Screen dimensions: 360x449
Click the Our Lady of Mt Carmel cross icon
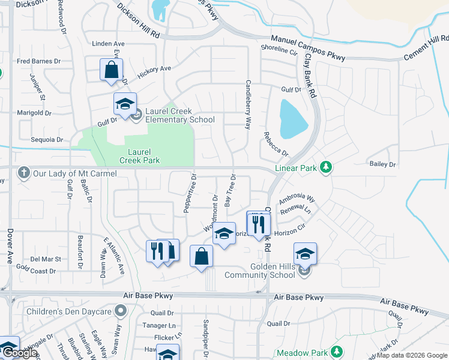(x=24, y=173)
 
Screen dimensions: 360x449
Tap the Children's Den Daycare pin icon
(x=121, y=311)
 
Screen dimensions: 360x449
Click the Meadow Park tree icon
(x=337, y=352)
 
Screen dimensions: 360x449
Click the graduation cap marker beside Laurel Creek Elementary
(x=125, y=104)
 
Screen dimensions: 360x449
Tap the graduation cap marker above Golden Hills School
(x=305, y=254)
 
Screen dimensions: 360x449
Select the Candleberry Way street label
(x=247, y=105)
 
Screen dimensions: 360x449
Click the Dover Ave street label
(x=11, y=246)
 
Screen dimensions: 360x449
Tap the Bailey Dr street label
(x=383, y=164)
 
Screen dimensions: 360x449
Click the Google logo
(x=20, y=353)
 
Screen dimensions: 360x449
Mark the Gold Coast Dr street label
(x=36, y=271)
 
